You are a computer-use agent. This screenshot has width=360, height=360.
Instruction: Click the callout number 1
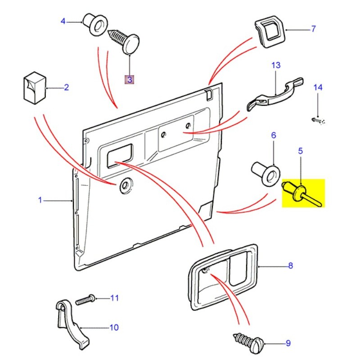(x=40, y=200)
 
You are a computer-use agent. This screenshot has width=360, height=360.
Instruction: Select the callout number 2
(x=66, y=87)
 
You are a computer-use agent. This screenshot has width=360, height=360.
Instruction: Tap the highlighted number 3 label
(x=130, y=80)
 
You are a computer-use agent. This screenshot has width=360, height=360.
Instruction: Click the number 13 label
(x=275, y=65)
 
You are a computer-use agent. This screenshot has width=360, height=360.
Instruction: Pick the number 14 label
(x=318, y=87)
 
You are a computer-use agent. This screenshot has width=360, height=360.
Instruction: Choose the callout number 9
(x=288, y=344)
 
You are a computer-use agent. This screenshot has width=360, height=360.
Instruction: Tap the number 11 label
(x=114, y=297)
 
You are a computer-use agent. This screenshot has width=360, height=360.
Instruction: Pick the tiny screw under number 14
(x=317, y=120)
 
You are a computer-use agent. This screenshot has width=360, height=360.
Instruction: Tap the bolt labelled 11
(x=85, y=299)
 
